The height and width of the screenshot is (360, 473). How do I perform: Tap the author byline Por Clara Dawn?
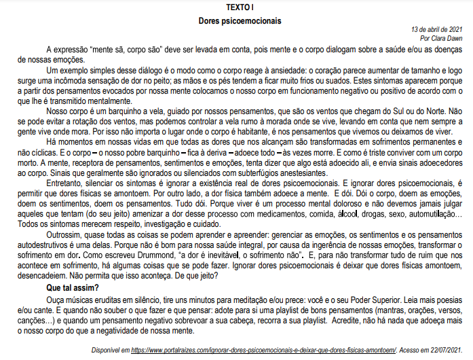pos(444,39)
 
